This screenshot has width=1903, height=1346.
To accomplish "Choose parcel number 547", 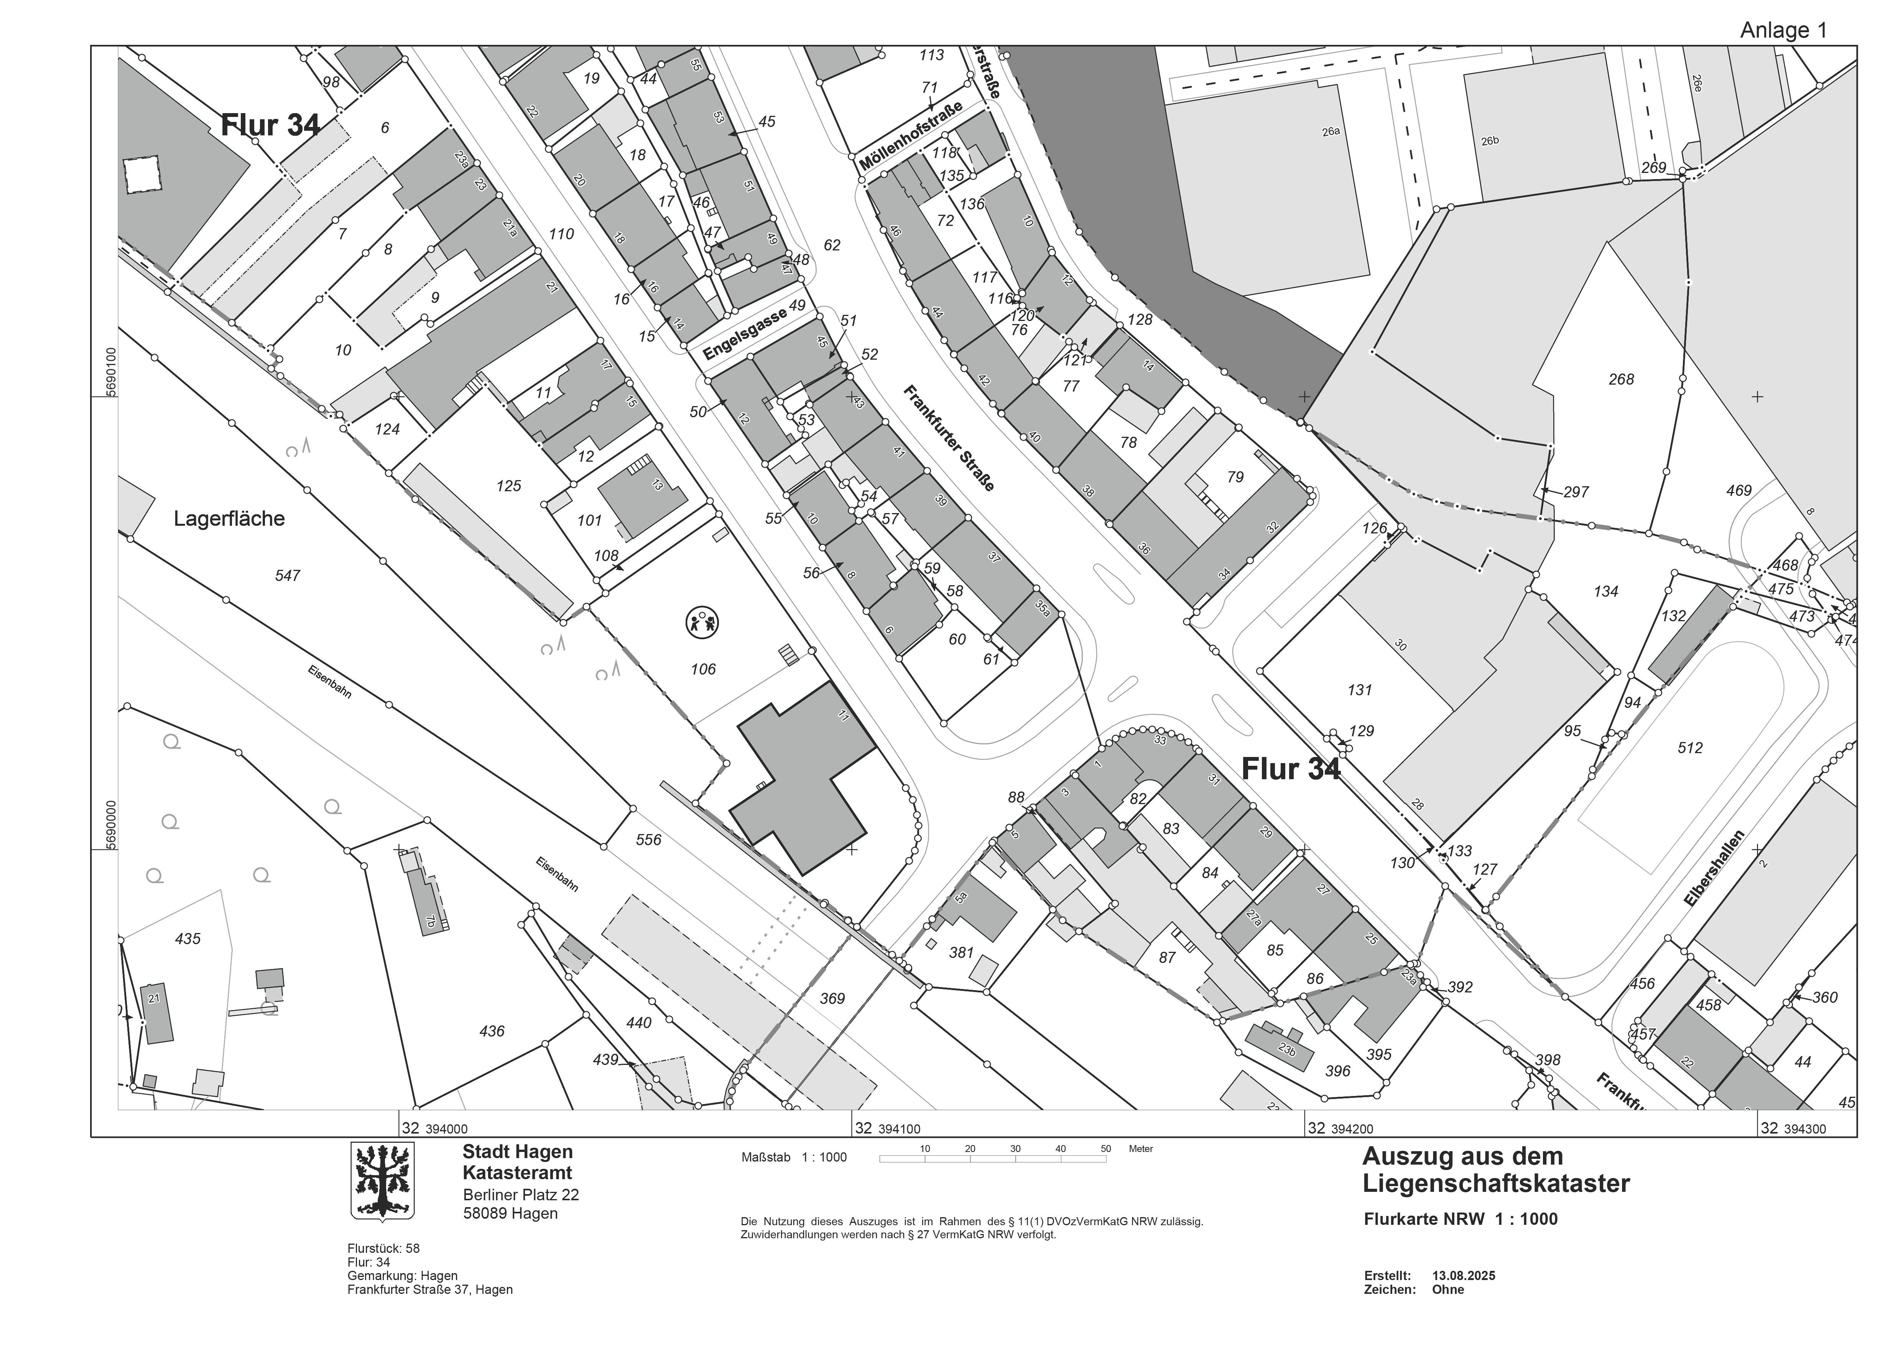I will pyautogui.click(x=288, y=575).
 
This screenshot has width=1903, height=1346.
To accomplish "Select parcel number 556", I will pyautogui.click(x=648, y=839).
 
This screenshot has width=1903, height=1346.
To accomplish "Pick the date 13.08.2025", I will pyautogui.click(x=1464, y=1275).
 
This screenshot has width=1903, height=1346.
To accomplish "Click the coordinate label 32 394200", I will pyautogui.click(x=1339, y=1128).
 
